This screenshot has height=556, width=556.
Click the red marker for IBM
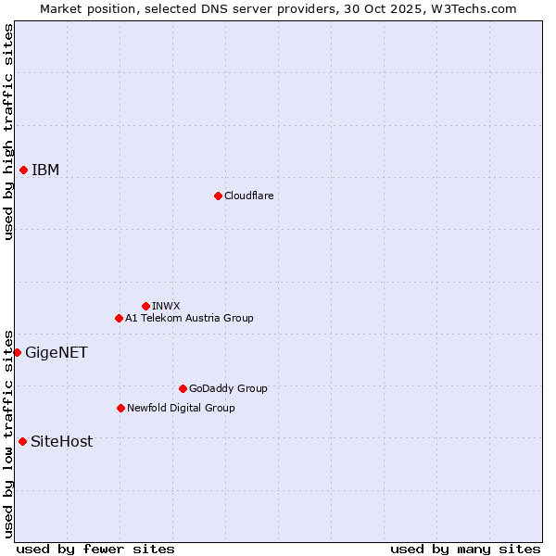click(23, 170)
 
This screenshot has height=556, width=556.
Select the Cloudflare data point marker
click(218, 196)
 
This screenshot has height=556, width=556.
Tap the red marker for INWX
click(145, 306)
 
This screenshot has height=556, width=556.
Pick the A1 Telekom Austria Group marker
click(119, 318)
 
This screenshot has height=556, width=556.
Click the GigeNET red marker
click(17, 352)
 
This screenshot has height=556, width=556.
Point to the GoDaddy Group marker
click(183, 388)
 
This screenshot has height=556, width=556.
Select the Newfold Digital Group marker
click(120, 408)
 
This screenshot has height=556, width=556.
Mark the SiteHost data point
click(22, 441)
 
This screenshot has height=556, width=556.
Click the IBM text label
click(45, 170)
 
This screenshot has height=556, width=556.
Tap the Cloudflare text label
click(248, 196)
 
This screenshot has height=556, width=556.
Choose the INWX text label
click(166, 306)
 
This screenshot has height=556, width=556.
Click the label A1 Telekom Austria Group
click(189, 318)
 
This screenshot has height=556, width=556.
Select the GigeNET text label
click(57, 352)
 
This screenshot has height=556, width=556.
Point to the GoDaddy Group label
click(228, 388)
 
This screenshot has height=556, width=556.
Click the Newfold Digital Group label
click(181, 408)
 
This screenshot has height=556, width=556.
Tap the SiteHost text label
click(61, 441)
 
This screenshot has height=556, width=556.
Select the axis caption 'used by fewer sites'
click(95, 549)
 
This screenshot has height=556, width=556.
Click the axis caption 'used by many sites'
click(465, 549)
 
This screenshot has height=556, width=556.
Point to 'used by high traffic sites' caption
click(8, 132)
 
